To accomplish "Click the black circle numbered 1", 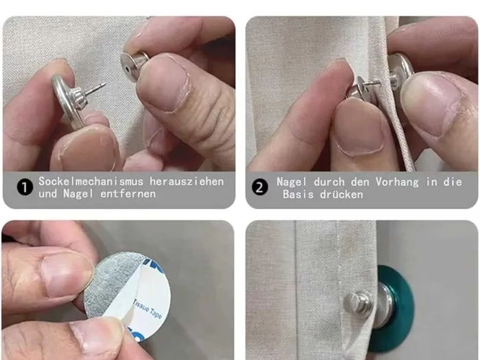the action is point(25,187).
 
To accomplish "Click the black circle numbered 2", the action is point(260,187).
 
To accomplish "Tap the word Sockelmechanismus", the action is point(91,181).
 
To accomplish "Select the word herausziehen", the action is point(187,181).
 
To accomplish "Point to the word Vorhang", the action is point(397,182).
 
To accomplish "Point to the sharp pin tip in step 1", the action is point(105,84).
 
